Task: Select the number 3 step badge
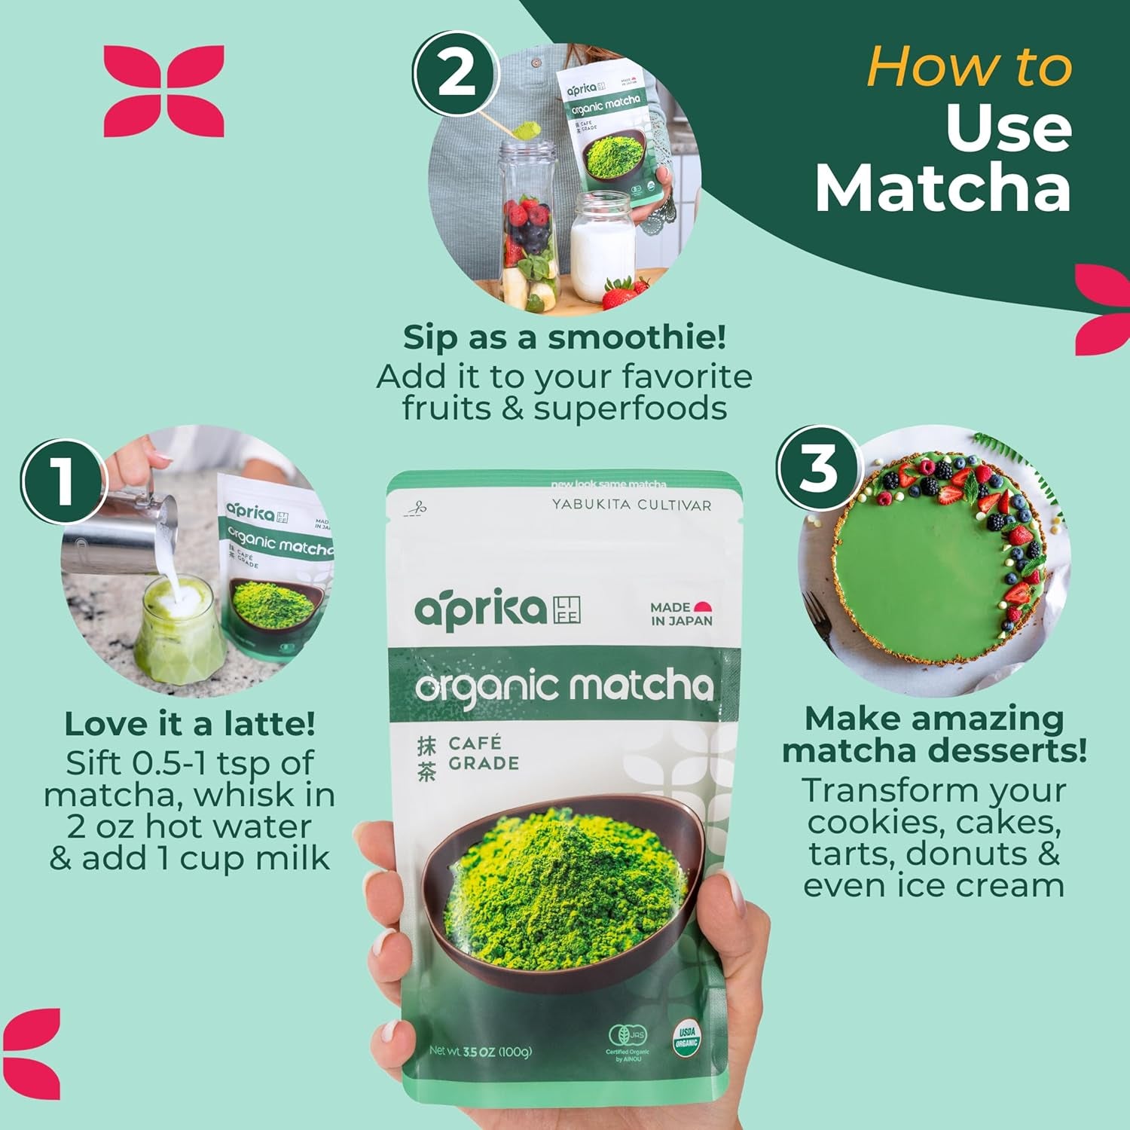pyautogui.click(x=818, y=468)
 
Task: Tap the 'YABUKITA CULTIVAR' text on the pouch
pyautogui.click(x=631, y=505)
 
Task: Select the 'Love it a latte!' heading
pyautogui.click(x=190, y=724)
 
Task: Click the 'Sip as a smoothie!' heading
pyautogui.click(x=564, y=337)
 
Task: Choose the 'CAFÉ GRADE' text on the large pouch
pyautogui.click(x=483, y=753)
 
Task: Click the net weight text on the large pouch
pyautogui.click(x=481, y=1051)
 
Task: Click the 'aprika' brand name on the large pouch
pyautogui.click(x=480, y=609)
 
